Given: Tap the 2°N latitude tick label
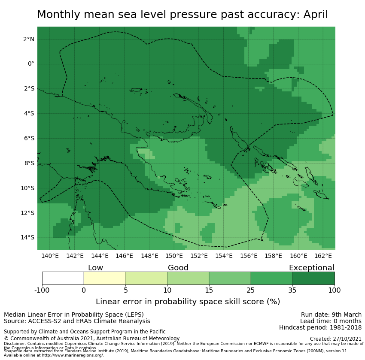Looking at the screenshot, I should pyautogui.click(x=29, y=39).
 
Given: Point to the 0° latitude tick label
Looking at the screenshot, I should pyautogui.click(x=31, y=64).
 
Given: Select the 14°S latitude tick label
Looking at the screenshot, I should pyautogui.click(x=28, y=238).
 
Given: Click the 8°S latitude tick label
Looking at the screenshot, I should pyautogui.click(x=29, y=163).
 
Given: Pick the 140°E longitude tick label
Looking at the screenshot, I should pyautogui.click(x=50, y=256).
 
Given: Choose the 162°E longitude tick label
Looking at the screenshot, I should pyautogui.click(x=323, y=256).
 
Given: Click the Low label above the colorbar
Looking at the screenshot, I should pyautogui.click(x=95, y=268).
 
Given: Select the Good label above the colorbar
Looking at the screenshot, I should pyautogui.click(x=178, y=268).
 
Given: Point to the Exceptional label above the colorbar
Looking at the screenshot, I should pyautogui.click(x=311, y=268).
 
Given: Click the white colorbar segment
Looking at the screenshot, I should pyautogui.click(x=63, y=278).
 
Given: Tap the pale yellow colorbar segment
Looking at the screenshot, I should pyautogui.click(x=104, y=278).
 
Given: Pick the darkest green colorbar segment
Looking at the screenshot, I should pyautogui.click(x=313, y=278).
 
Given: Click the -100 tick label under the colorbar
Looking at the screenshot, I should pyautogui.click(x=42, y=290).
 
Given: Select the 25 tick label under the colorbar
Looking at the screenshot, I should pyautogui.click(x=251, y=290).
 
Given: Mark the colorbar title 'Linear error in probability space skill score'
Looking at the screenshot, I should pyautogui.click(x=188, y=302).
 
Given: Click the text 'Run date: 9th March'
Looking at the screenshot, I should pyautogui.click(x=331, y=315).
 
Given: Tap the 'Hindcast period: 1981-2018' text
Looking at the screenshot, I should pyautogui.click(x=320, y=328).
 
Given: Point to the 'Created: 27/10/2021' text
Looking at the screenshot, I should pyautogui.click(x=336, y=339).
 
